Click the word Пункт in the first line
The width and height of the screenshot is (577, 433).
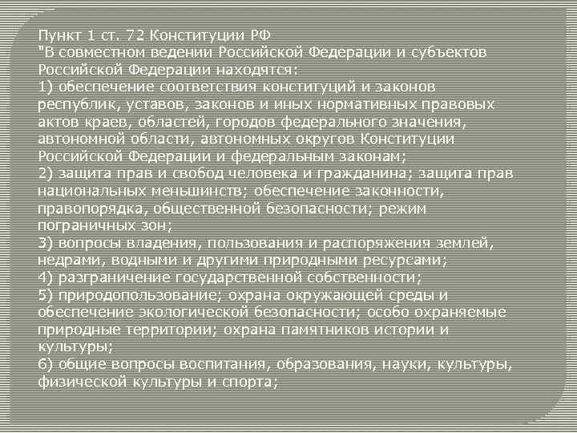pos(58,34)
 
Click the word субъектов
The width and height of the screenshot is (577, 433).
pos(450,52)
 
